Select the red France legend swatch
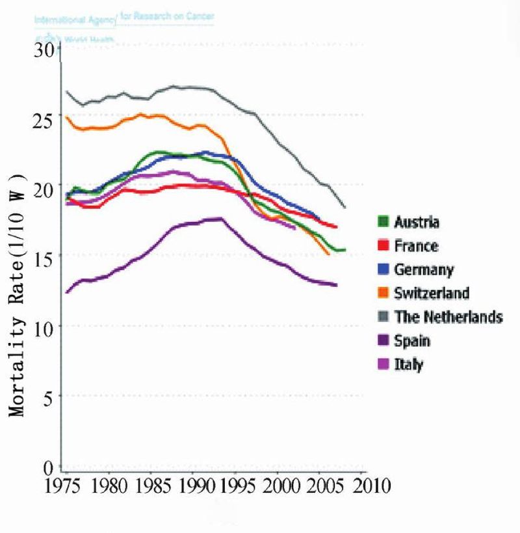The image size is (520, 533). pyautogui.click(x=384, y=246)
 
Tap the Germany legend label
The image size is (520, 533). pyautogui.click(x=424, y=269)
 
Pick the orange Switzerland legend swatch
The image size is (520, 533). pyautogui.click(x=384, y=293)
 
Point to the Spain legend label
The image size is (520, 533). pyautogui.click(x=412, y=340)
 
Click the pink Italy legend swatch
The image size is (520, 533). pyautogui.click(x=384, y=364)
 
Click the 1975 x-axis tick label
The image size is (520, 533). pyautogui.click(x=67, y=486)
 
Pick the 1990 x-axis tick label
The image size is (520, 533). pyautogui.click(x=193, y=486)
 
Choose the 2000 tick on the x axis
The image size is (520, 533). pyautogui.click(x=278, y=486)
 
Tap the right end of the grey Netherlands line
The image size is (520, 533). pyautogui.click(x=345, y=208)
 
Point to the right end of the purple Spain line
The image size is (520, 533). pyautogui.click(x=337, y=285)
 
